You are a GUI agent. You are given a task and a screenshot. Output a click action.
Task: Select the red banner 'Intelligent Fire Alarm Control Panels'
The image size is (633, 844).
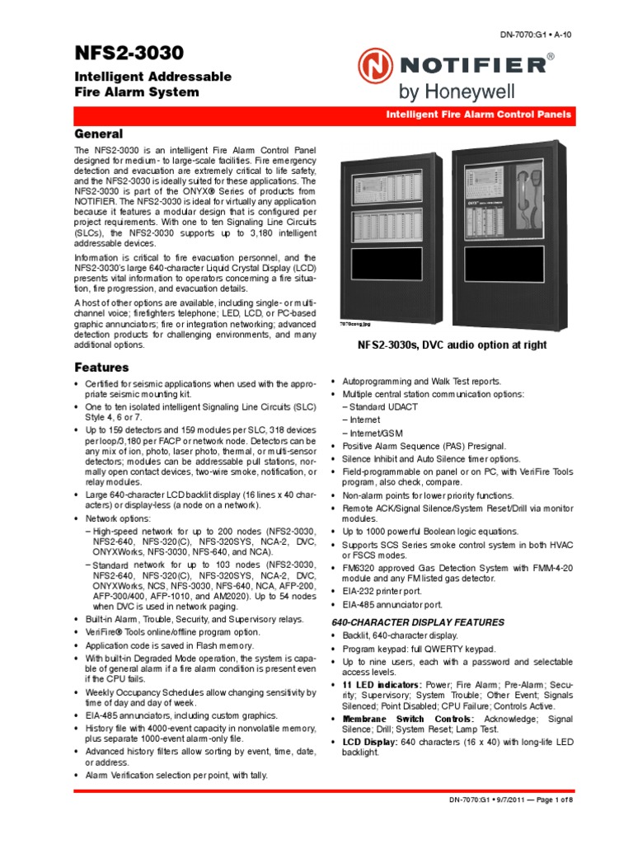tap(478, 115)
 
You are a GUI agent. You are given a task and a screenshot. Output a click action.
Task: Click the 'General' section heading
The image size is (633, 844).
tap(99, 134)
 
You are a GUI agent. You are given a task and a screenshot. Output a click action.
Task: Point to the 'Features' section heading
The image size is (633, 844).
tap(101, 367)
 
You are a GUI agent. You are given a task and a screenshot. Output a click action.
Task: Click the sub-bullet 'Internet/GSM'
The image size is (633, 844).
tap(373, 433)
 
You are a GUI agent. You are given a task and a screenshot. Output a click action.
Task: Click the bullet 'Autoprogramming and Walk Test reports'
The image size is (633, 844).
tap(421, 382)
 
